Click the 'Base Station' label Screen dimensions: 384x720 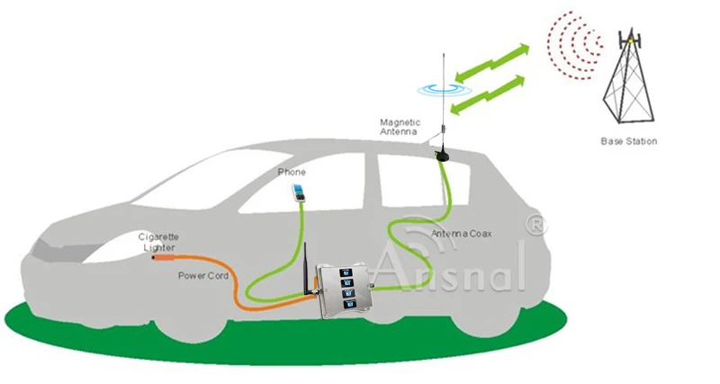pos(628,141)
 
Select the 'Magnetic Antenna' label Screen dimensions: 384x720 pos(400,127)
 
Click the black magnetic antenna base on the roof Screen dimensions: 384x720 pos(443,155)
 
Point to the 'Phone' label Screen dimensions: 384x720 pos(292,172)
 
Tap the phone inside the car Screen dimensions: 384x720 pos(296,192)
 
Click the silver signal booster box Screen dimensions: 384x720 pos(348,289)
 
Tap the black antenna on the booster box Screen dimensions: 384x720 pos(306,269)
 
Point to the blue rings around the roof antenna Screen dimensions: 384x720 pos(442,88)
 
